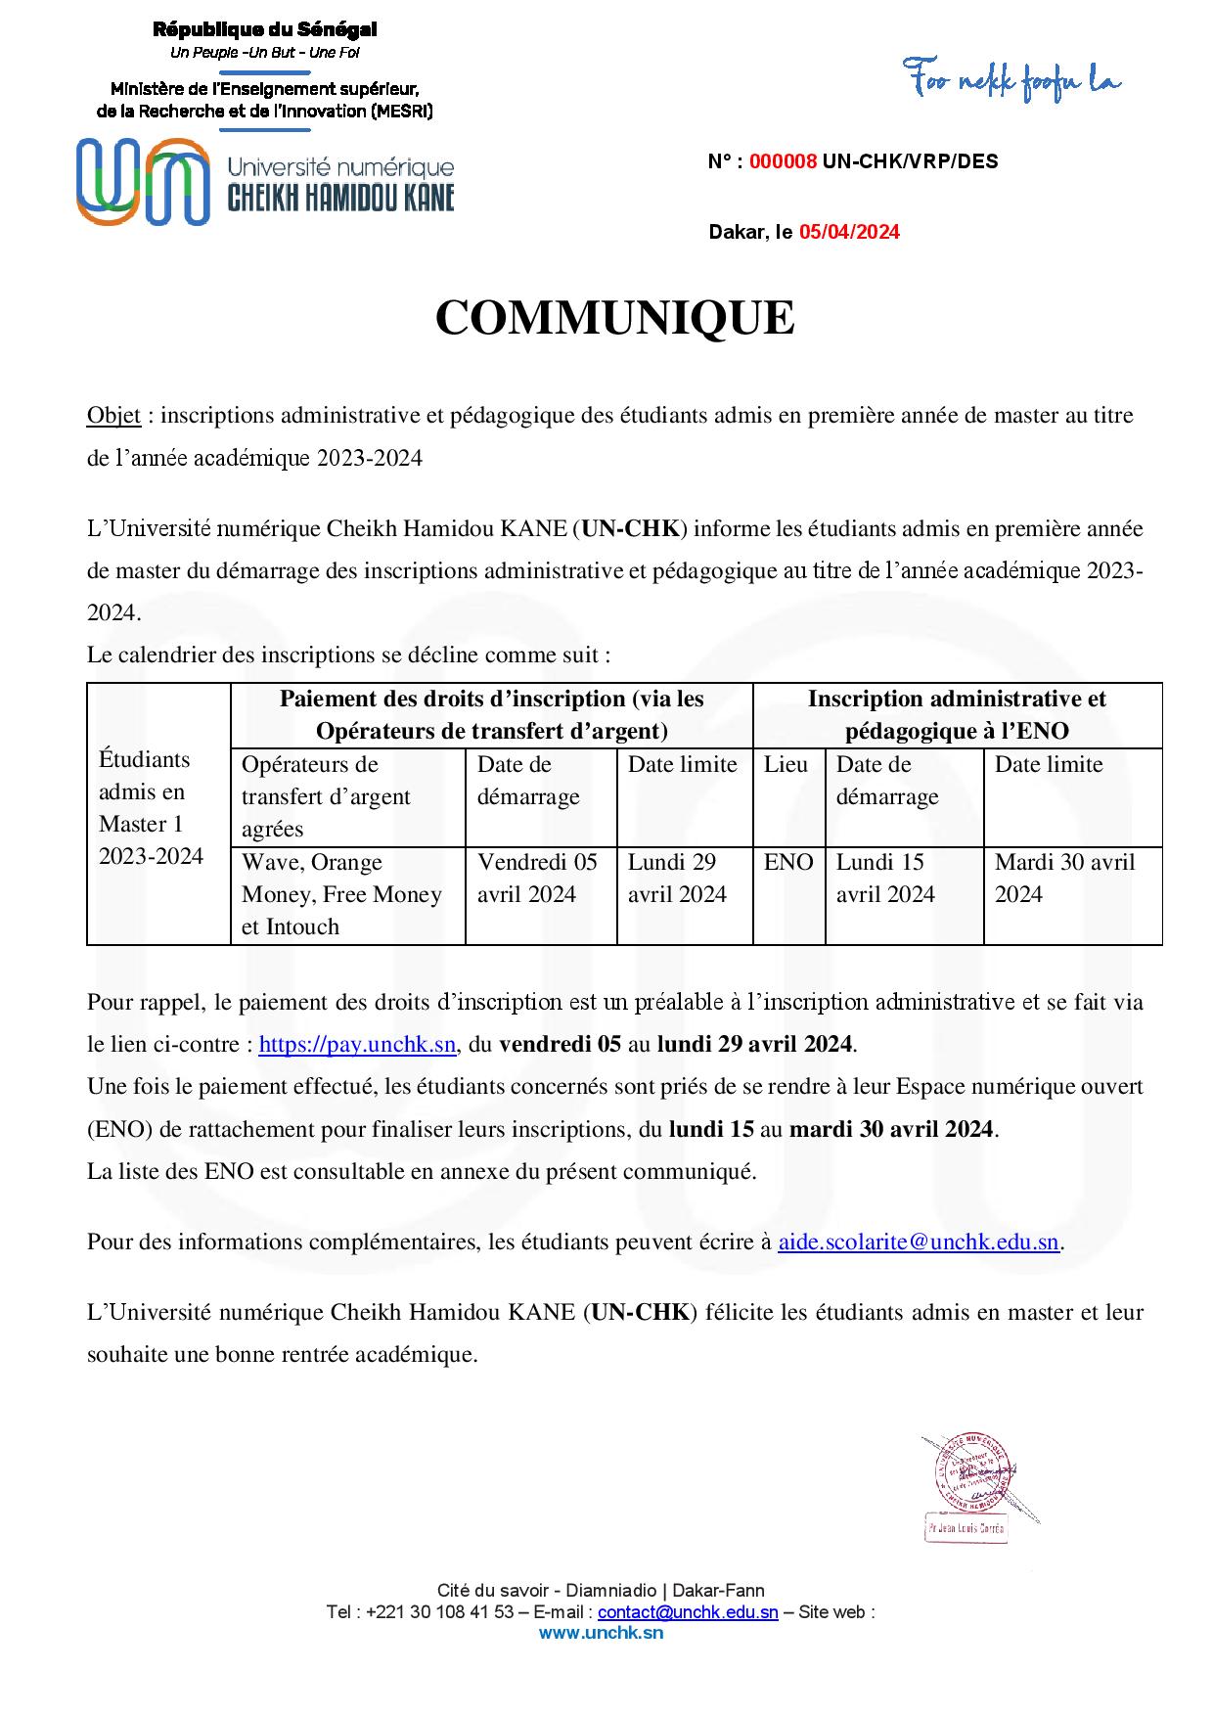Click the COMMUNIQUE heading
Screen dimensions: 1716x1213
coord(614,318)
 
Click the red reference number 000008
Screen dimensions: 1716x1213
coord(783,162)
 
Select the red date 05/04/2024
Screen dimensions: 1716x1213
coord(849,232)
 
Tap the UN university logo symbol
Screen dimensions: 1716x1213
coord(142,181)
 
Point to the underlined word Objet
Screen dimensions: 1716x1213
coord(113,416)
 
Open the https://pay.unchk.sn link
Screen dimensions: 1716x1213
coord(357,1044)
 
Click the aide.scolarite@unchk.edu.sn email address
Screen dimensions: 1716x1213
coord(919,1242)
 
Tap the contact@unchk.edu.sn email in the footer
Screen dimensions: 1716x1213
coord(688,1612)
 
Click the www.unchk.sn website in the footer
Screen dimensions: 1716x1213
coord(601,1632)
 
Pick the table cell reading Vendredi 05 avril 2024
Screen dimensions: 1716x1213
coord(537,879)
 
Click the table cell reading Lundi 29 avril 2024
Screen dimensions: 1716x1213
coord(677,879)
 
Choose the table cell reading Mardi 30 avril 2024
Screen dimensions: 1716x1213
coord(1064,879)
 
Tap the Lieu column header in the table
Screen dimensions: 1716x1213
coord(786,765)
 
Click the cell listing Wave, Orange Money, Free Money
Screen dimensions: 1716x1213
coord(341,894)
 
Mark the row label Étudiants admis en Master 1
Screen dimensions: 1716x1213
coord(151,807)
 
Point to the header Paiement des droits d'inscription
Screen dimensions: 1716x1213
coord(491,714)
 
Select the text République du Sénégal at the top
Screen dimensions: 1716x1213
coord(264,30)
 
